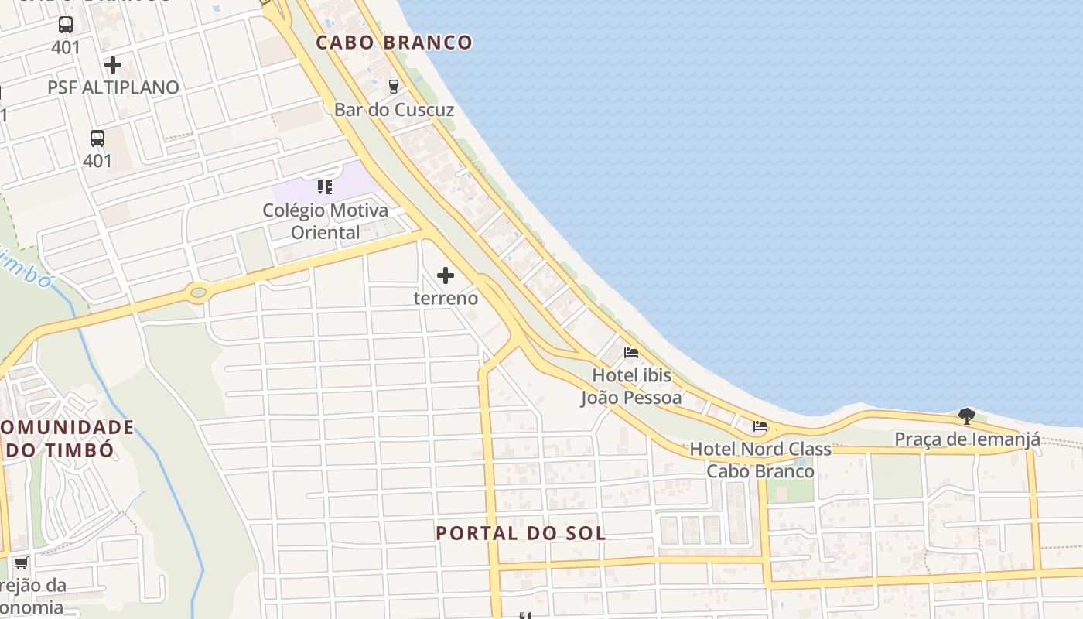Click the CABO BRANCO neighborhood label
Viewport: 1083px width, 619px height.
coord(394,43)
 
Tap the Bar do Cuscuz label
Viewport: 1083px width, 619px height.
coord(394,110)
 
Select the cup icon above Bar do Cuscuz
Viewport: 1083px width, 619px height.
coord(394,86)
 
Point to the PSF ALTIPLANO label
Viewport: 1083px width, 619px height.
coord(113,87)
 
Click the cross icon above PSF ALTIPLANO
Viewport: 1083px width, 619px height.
coord(113,65)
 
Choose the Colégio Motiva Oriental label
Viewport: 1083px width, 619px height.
coord(325,221)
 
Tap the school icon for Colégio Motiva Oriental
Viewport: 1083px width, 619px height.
coord(325,187)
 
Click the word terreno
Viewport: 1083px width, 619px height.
coord(446,298)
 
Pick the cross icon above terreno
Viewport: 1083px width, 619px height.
coord(446,275)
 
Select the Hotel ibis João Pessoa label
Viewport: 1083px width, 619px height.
coord(631,386)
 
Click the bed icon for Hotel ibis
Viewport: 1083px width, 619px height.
coord(631,353)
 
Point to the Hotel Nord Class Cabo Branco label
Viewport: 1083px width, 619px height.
coord(760,460)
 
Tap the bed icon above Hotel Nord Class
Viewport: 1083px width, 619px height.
coord(760,426)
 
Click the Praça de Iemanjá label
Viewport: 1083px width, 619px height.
coord(967,439)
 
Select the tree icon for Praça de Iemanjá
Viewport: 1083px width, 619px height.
coord(967,416)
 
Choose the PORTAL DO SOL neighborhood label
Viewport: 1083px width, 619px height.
coord(521,533)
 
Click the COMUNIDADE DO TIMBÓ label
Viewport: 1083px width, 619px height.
coord(62,438)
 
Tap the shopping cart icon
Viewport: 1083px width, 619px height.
coord(21,563)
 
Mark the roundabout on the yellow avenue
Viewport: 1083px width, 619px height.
coord(199,292)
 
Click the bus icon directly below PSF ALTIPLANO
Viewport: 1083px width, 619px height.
coord(97,139)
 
